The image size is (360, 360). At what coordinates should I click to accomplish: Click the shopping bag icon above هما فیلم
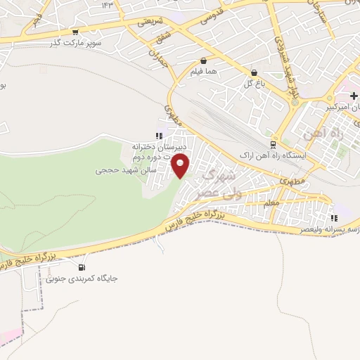pyautogui.click(x=203, y=61)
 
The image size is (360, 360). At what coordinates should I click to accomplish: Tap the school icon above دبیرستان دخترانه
pyautogui.click(x=159, y=136)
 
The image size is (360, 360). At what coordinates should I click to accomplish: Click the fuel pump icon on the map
pyautogui.click(x=82, y=267)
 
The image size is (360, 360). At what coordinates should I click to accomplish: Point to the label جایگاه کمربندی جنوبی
pyautogui.click(x=82, y=278)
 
